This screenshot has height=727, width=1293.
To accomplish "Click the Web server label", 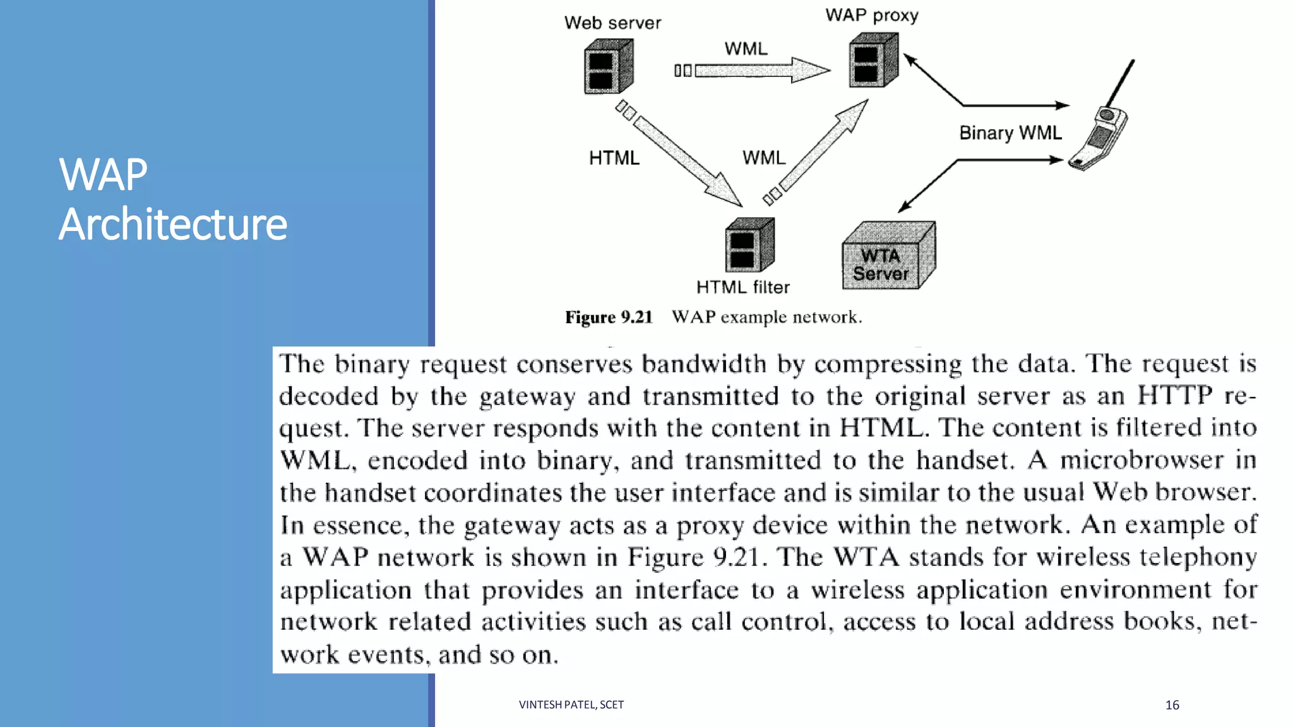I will tap(612, 23).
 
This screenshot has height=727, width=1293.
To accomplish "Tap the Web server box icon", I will tap(607, 66).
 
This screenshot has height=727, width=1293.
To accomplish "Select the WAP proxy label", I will tap(871, 15).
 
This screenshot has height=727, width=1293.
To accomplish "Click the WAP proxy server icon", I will tap(873, 61).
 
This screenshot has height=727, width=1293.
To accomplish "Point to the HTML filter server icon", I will tap(749, 245).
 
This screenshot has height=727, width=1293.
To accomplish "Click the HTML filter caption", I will tap(742, 288).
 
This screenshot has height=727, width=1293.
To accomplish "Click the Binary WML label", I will tap(1010, 133).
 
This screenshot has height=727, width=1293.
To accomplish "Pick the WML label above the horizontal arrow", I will tap(746, 49).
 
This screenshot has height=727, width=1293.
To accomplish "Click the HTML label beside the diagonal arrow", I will tap(614, 158).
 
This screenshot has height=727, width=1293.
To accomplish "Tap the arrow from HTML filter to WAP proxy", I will tap(821, 151).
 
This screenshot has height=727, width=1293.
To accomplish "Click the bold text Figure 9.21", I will tap(608, 317).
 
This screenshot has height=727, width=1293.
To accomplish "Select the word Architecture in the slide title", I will tap(172, 225).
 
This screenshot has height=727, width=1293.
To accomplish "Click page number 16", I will tap(1172, 705).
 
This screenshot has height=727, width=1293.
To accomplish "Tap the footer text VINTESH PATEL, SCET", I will tap(571, 705).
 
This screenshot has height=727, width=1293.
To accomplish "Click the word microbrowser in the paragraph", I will tap(1141, 461).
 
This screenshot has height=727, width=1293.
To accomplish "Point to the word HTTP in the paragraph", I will tap(1174, 396).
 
